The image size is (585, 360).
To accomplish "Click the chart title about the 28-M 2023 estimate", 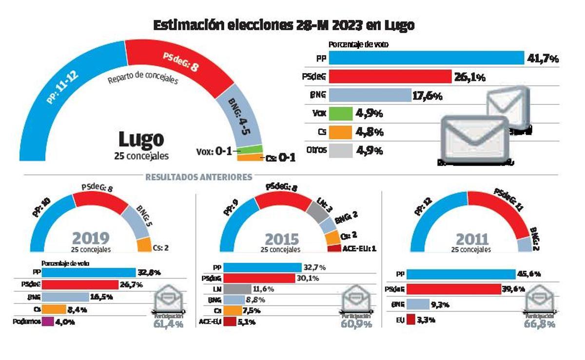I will [x=284, y=25].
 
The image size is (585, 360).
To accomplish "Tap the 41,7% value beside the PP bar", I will [x=543, y=59].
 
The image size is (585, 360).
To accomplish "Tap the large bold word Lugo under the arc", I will [x=141, y=140].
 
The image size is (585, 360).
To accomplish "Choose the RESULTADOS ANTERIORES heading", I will [x=199, y=177].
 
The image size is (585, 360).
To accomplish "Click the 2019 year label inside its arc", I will [x=91, y=238].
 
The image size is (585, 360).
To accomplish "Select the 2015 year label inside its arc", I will [x=282, y=239].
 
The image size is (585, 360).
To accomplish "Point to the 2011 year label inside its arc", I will [x=472, y=239].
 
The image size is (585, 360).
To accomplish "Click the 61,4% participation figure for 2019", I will [x=169, y=324].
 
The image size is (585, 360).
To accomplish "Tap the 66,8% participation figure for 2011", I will [x=539, y=324].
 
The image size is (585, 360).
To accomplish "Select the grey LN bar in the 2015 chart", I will [x=237, y=289].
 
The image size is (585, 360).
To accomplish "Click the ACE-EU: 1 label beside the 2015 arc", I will [x=359, y=249].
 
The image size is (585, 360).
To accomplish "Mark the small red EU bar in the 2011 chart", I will [x=410, y=320].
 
